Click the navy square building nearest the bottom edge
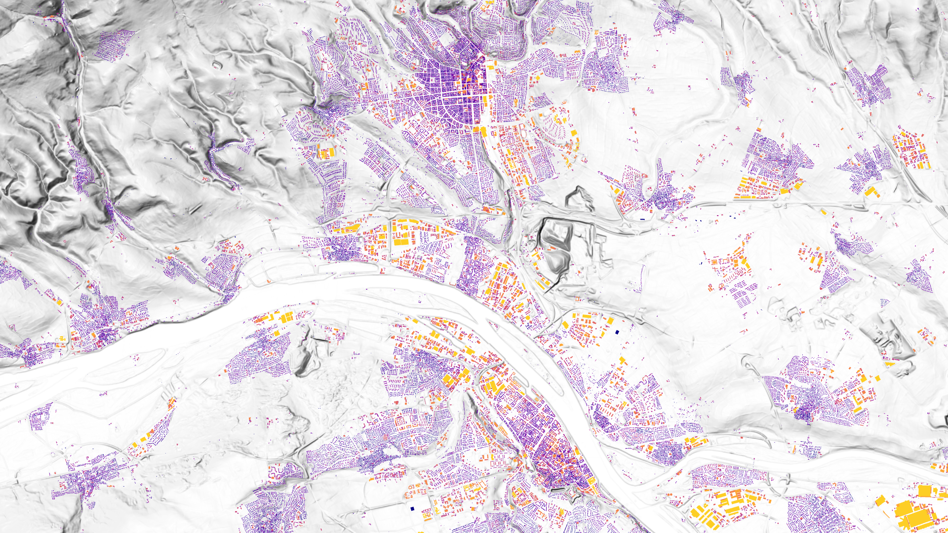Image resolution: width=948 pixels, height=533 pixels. point(412,508)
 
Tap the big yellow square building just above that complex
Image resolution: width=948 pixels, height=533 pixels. point(924,491)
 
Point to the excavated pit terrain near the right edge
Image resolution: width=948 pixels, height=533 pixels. point(889,336)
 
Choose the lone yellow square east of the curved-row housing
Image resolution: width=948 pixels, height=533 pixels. point(574,133)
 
